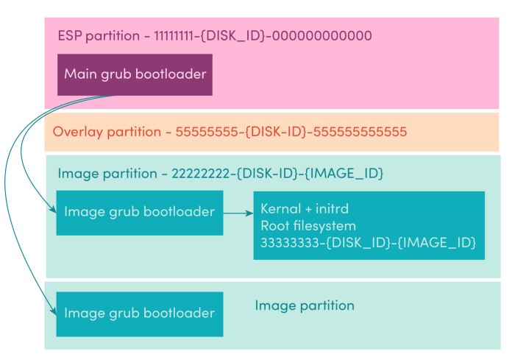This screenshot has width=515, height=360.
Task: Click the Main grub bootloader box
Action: [x=135, y=74]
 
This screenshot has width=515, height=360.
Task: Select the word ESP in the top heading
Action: [x=70, y=35]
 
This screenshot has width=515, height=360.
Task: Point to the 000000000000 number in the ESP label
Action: [x=322, y=35]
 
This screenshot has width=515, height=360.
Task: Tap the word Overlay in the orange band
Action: [x=78, y=133]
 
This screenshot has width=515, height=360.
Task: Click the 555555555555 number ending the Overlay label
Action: [x=360, y=132]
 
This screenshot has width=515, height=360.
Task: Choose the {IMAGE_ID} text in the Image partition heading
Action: [x=344, y=173]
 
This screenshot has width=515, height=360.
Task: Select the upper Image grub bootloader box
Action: [x=140, y=213]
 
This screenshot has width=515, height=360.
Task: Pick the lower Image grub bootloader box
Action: [x=140, y=314]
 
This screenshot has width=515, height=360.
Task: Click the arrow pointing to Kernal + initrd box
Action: [x=238, y=213]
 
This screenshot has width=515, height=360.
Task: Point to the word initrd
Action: [x=332, y=209]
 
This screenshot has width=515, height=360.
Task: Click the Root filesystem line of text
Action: [x=308, y=226]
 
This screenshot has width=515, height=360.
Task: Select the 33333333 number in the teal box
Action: [x=290, y=243]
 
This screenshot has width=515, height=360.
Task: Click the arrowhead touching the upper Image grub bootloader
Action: [x=53, y=209]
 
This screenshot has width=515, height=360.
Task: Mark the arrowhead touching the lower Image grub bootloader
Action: [x=53, y=311]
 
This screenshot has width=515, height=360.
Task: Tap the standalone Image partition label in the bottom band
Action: [x=305, y=306]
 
